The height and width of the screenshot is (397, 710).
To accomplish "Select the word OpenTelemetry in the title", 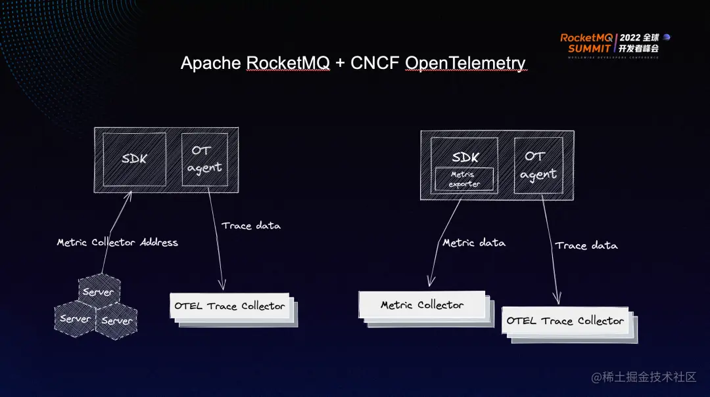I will pyautogui.click(x=465, y=63).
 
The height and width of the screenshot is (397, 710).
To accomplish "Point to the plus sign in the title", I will pyautogui.click(x=339, y=64).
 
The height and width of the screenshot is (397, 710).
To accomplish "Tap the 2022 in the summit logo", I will pyautogui.click(x=629, y=38).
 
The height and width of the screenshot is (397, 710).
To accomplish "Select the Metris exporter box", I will pyautogui.click(x=464, y=179).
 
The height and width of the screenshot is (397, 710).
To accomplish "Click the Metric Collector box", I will pyautogui.click(x=422, y=305).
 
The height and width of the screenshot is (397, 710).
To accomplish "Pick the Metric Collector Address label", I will pyautogui.click(x=117, y=242).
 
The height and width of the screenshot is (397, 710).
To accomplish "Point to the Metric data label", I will pyautogui.click(x=474, y=243).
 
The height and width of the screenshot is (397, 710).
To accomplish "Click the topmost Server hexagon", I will pyautogui.click(x=99, y=291).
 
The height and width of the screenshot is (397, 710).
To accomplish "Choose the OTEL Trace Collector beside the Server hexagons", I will pyautogui.click(x=229, y=306).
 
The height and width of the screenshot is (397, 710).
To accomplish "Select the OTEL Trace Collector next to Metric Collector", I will pyautogui.click(x=565, y=321).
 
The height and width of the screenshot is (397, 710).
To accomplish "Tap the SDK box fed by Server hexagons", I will pyautogui.click(x=135, y=159).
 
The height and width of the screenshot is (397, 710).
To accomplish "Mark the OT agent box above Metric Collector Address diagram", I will pyautogui.click(x=204, y=159).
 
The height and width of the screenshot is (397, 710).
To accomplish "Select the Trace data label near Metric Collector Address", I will pyautogui.click(x=250, y=226).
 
